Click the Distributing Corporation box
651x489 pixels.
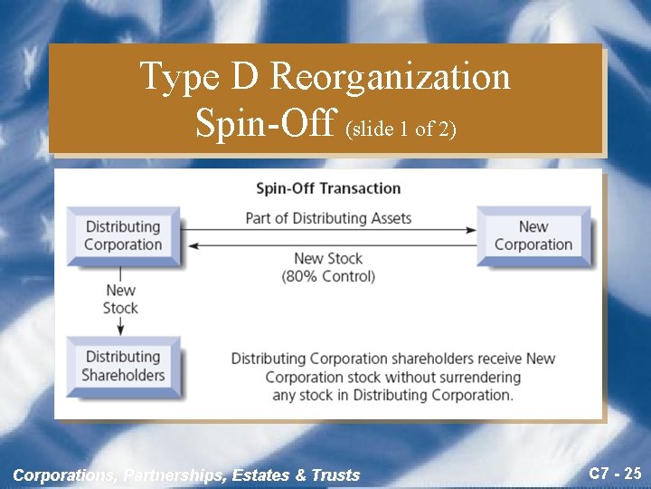[x=122, y=235]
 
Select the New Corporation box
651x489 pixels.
[x=533, y=235]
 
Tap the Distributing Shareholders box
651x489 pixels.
[x=123, y=366]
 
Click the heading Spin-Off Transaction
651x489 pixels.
[x=328, y=188]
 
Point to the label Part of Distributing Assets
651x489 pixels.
[x=328, y=218]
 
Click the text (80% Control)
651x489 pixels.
[x=328, y=276]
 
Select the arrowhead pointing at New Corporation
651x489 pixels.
[x=471, y=230]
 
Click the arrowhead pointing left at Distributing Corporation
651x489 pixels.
[x=189, y=244]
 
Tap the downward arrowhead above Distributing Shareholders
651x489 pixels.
[x=120, y=330]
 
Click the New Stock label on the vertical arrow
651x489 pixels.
[x=120, y=299]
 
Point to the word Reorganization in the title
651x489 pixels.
[x=391, y=77]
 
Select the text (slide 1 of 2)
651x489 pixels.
[x=401, y=129]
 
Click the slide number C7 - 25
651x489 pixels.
[x=615, y=473]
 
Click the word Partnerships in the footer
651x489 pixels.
[x=177, y=475]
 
